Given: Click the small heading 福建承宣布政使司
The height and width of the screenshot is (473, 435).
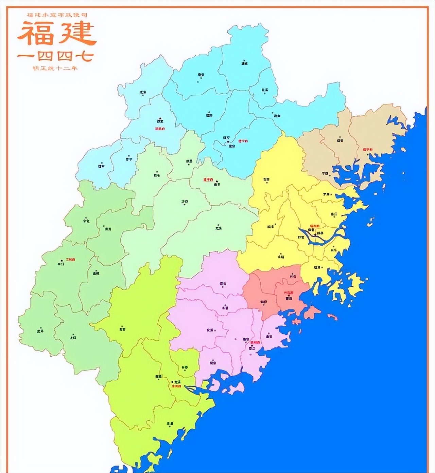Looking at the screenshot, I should (x=57, y=15).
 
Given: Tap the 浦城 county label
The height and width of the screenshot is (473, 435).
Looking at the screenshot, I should (x=244, y=63).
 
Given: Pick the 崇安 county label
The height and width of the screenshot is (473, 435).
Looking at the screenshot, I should (x=201, y=75).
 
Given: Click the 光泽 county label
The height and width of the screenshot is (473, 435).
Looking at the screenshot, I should (x=143, y=92).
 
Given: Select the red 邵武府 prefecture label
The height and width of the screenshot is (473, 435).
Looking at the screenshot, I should (x=160, y=129).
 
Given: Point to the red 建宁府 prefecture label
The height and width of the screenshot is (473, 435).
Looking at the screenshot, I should (x=243, y=140).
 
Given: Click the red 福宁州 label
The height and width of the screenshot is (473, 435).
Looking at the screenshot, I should (x=367, y=149).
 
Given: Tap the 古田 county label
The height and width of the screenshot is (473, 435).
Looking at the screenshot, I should (x=266, y=179).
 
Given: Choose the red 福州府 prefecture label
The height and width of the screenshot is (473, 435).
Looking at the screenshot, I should (x=314, y=226).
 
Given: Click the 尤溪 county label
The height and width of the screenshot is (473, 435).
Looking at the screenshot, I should (x=219, y=228).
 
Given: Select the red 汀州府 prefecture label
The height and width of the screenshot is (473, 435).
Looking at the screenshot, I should (x=70, y=260).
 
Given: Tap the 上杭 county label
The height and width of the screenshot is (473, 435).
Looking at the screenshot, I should (x=73, y=338).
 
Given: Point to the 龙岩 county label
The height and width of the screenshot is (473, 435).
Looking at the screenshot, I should (x=122, y=329).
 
